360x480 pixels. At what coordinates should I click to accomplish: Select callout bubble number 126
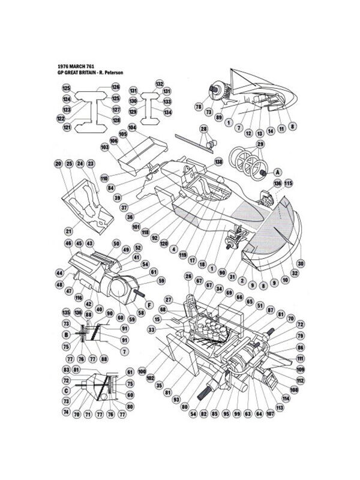(115, 87)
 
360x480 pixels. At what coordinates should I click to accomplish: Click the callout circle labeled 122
(62, 119)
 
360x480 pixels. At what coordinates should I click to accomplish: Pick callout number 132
(159, 84)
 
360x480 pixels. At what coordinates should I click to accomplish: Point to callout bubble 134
(167, 112)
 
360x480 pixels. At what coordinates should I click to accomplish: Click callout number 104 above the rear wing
(132, 128)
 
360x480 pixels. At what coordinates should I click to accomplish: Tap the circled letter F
(149, 304)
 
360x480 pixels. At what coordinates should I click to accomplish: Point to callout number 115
(288, 183)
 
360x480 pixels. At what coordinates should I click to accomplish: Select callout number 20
(58, 164)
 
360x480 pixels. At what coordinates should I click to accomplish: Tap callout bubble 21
(68, 230)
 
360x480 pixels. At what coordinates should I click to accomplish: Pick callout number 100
(142, 372)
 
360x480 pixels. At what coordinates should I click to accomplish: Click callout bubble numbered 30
(301, 263)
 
